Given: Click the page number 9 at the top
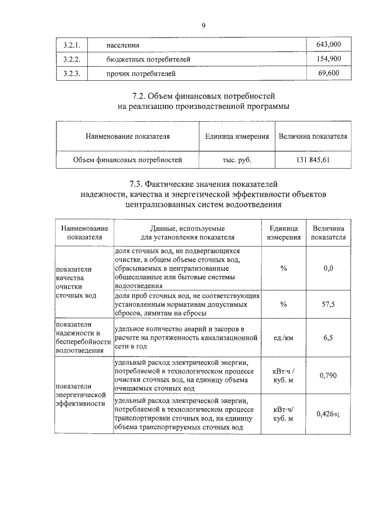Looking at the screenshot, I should tap(203, 25).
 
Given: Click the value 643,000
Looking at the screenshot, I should tap(329, 45).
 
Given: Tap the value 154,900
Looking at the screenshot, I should tap(329, 59).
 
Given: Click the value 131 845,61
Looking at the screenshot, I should tap(313, 159).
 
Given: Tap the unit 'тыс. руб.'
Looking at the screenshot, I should tap(237, 159).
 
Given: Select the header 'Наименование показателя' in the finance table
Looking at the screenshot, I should tap(128, 136).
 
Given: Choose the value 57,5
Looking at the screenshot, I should tap(329, 305).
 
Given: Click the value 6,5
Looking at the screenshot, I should tap(329, 338).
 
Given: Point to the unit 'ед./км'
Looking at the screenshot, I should tap(284, 338).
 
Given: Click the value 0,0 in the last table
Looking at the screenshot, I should tap(329, 268).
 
